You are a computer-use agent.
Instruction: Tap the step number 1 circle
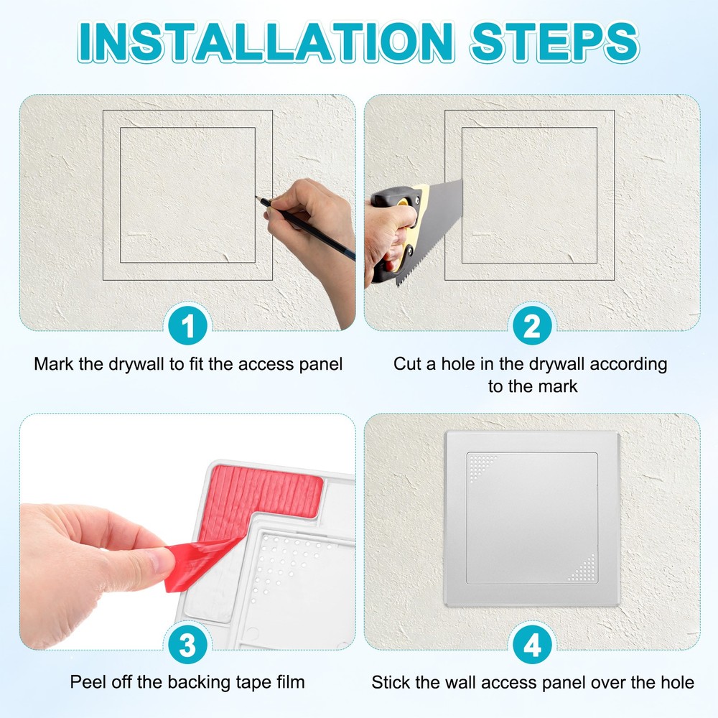pos(187,327)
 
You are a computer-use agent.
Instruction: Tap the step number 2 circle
pos(532,327)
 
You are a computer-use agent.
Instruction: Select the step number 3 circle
pos(187,645)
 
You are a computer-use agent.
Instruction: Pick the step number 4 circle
pos(532,645)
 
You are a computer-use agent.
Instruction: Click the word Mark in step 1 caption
pos(53,364)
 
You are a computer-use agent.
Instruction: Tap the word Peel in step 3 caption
pos(86,681)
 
